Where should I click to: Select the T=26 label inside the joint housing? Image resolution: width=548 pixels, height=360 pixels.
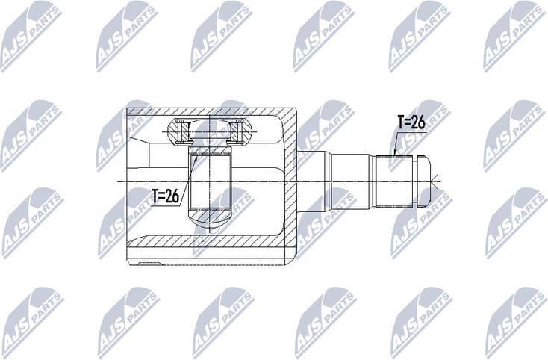coord(165,197)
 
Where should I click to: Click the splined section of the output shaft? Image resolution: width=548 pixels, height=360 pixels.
coord(394,180)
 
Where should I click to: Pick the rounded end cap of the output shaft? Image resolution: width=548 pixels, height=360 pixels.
coord(423,180)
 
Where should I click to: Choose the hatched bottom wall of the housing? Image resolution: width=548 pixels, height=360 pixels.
coord(209,243)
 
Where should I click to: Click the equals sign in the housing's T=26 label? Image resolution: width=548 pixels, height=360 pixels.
coord(164,197)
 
